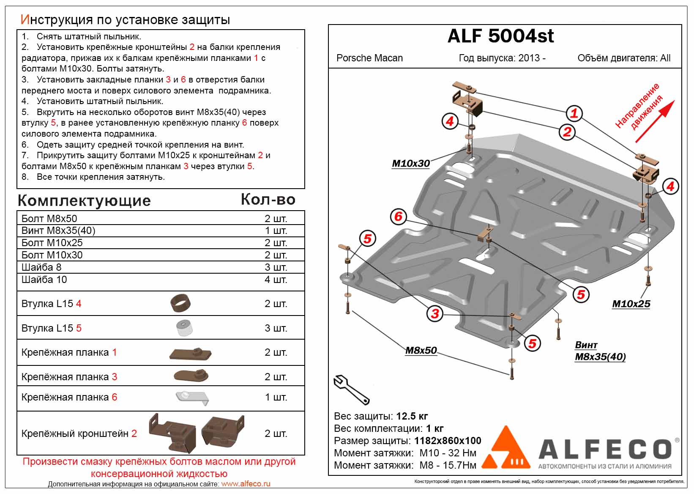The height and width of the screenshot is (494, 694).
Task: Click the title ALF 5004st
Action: coord(500,36)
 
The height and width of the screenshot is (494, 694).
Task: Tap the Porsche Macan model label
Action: coord(369,58)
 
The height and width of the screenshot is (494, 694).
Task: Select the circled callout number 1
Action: coord(574,113)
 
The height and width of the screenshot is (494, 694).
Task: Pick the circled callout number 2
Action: coord(567,132)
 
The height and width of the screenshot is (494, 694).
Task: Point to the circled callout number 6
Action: coord(398,217)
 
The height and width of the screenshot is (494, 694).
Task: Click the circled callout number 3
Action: coord(435,314)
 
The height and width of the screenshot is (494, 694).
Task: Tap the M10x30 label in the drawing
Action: coord(411,163)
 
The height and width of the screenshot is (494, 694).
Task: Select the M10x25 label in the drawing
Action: coord(631,304)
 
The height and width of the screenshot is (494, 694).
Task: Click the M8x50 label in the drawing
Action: coord(421,350)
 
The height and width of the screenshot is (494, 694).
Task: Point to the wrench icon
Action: coord(351,389)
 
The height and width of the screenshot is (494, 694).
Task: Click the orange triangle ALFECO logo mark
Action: coord(506,448)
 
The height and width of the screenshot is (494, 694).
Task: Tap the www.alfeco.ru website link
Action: coord(246,484)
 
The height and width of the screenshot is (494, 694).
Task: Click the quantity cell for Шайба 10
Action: coord(276,280)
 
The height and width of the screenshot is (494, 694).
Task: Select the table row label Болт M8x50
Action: coord(49,219)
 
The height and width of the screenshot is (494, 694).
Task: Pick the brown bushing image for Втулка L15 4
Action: coord(180,303)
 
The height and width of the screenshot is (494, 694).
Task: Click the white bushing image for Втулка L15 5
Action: coord(184,328)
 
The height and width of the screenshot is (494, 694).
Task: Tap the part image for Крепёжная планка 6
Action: coord(192,398)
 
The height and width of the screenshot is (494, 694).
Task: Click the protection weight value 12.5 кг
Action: coord(412,416)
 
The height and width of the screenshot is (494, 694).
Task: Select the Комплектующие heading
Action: coord(84,200)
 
